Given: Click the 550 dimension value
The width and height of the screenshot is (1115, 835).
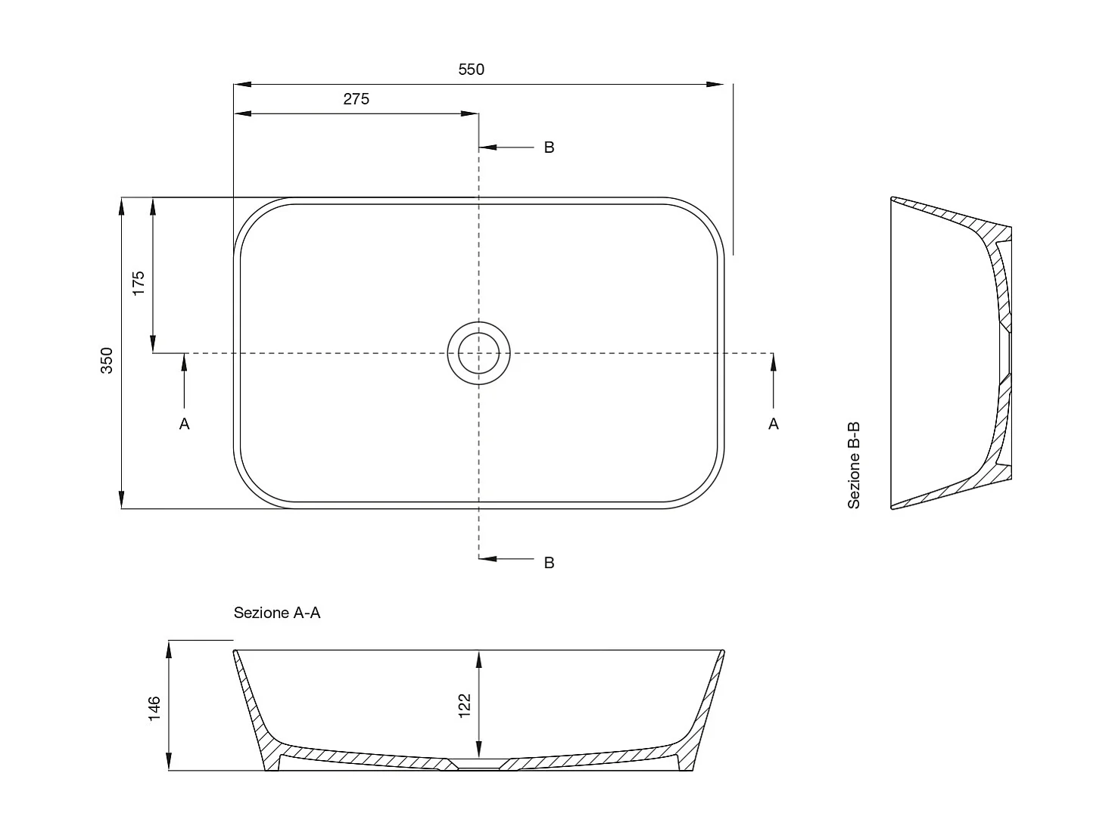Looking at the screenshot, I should tap(471, 70).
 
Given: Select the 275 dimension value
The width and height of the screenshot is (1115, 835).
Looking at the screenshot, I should tap(356, 99).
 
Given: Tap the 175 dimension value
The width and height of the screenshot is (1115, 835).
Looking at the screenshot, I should tap(139, 282).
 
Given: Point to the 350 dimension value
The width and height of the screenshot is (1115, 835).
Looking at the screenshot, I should tap(107, 360).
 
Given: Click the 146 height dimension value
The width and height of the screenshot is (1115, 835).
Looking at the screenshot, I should tap(154, 709).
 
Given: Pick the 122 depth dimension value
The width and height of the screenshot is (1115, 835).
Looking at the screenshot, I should tap(465, 705).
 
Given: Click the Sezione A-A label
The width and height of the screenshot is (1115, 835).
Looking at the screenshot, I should tap(277, 613).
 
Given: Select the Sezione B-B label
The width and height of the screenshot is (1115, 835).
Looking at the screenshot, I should tap(854, 464).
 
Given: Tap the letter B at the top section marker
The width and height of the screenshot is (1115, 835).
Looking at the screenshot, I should tap(549, 147).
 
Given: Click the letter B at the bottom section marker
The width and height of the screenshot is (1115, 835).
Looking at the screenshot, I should tap(549, 563).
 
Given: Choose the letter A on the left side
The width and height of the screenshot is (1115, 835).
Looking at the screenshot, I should tap(184, 424).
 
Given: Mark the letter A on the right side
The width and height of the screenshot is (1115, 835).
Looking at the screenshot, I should tap(773, 424).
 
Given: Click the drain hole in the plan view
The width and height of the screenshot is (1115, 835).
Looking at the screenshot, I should tap(478, 353).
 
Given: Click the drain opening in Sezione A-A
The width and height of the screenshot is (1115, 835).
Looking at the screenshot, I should tap(478, 765).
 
